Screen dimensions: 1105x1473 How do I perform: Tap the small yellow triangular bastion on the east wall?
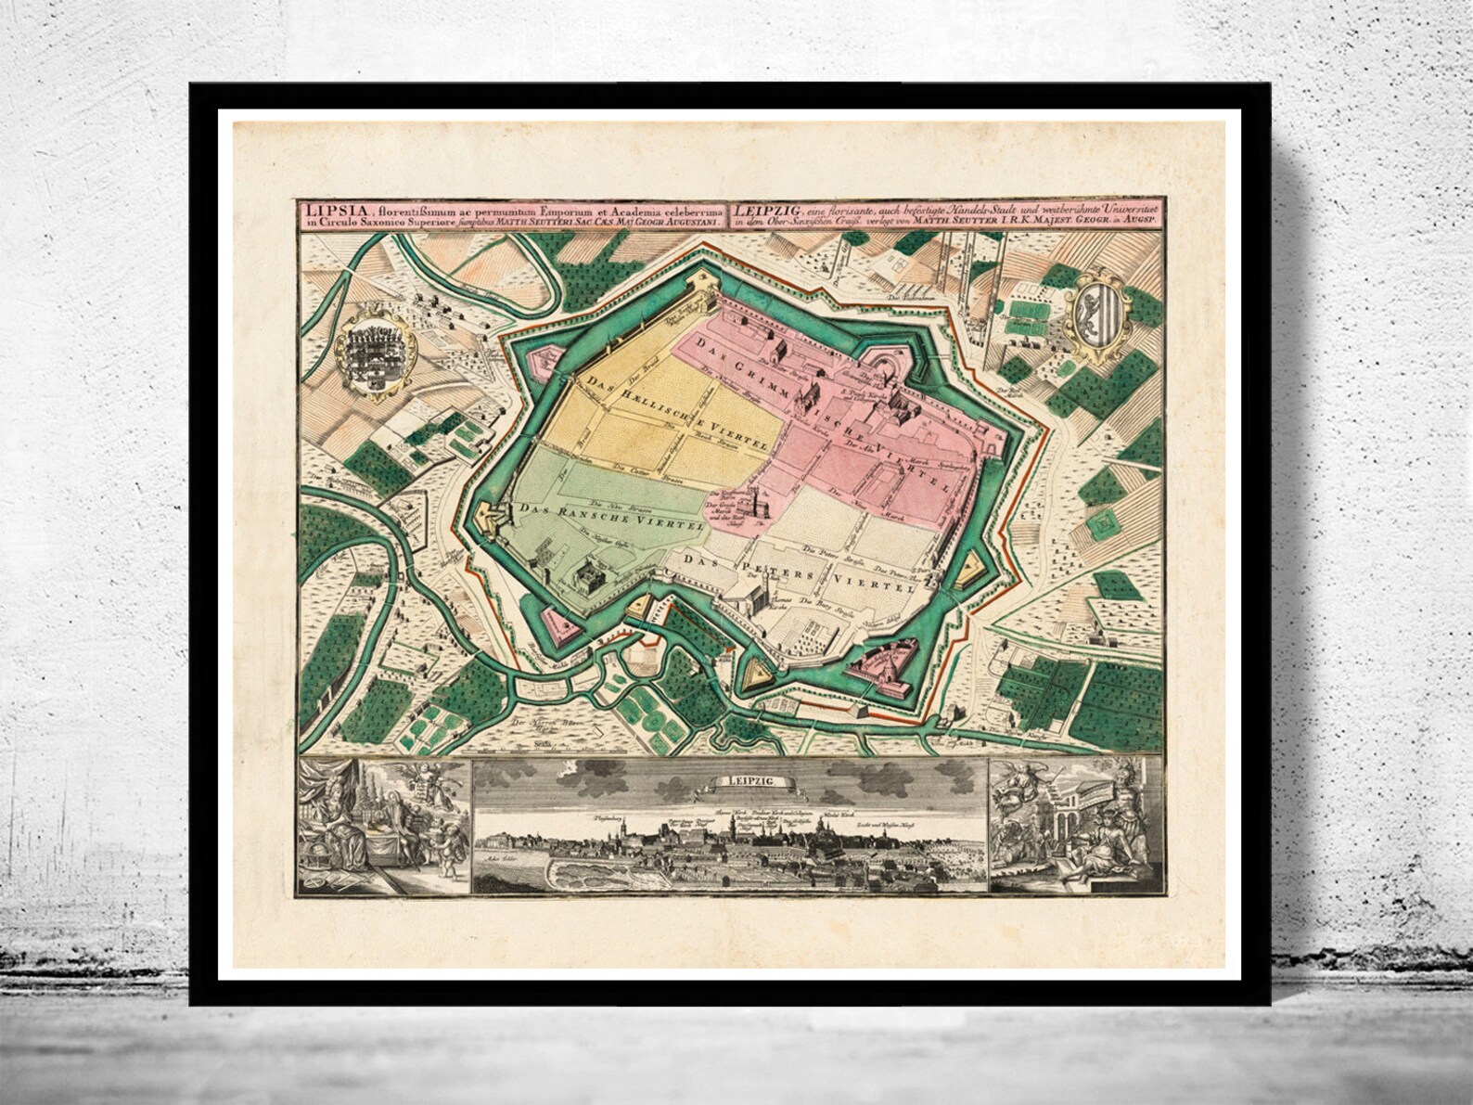[971, 562]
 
